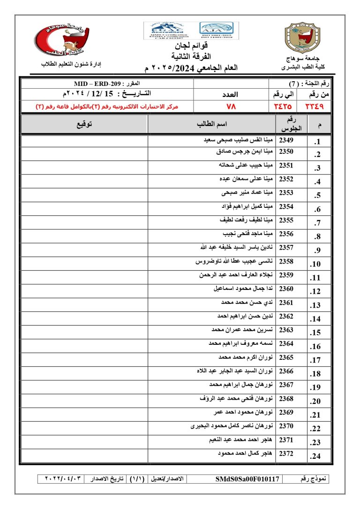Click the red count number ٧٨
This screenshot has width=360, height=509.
(231, 106)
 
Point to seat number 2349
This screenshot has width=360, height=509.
(286, 140)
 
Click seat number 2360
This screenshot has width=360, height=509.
(286, 289)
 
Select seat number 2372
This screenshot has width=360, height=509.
(286, 454)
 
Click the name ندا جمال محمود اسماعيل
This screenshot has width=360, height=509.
(243, 289)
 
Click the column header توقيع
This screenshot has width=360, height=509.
(84, 124)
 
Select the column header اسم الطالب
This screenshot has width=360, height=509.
(211, 124)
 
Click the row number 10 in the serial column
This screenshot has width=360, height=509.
(315, 264)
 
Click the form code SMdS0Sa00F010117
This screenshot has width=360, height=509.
(247, 479)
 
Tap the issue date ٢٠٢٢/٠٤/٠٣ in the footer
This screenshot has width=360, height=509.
(63, 479)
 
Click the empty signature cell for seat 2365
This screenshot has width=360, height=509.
(84, 357)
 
